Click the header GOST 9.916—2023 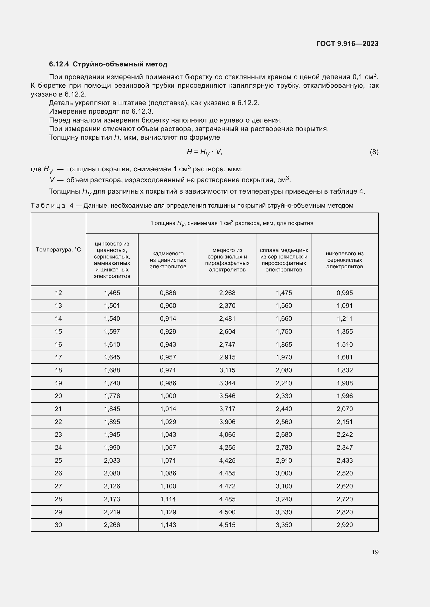coord(347,44)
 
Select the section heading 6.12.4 coord(108,64)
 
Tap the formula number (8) coord(374,152)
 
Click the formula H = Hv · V coord(204,152)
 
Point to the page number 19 coord(375,552)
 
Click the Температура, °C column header coord(58,250)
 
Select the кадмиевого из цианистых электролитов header coord(168,260)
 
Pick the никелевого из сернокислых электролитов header coord(344,260)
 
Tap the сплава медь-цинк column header coord(284,260)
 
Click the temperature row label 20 coord(58,396)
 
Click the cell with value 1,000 coord(168,396)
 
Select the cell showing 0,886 coord(168,293)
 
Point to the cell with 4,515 coord(227,525)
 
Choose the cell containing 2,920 coord(344,525)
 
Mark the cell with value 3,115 coord(227,370)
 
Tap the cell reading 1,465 coord(112,293)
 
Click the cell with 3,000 coord(284,473)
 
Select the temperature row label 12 coord(58,293)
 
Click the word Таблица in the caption coord(48,206)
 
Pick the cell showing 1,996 coord(344,396)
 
